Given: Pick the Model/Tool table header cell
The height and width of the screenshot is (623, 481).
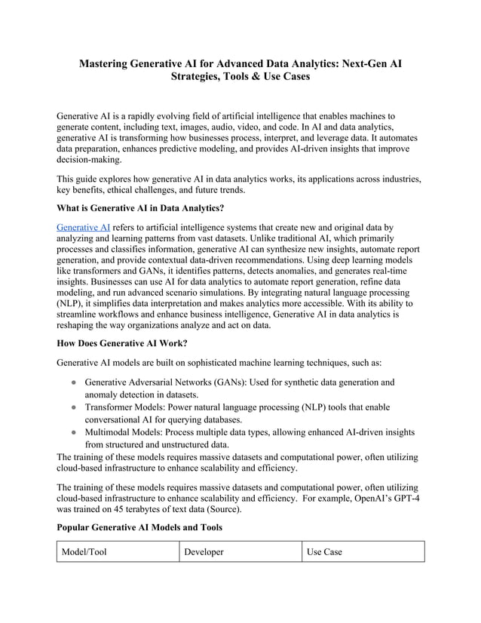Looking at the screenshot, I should [x=85, y=552].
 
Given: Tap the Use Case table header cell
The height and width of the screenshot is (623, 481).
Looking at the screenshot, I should [x=324, y=552].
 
